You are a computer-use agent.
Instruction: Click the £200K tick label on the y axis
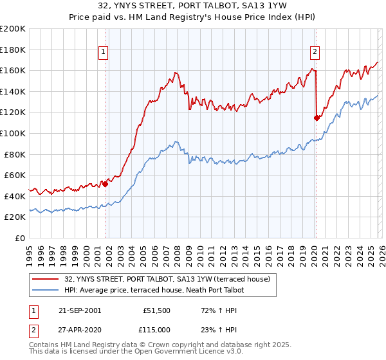click(x=13, y=29)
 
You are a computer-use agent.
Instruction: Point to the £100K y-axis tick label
click(x=13, y=134)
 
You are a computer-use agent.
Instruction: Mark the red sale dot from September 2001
click(x=106, y=184)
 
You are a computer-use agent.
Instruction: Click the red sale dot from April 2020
click(x=317, y=118)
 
